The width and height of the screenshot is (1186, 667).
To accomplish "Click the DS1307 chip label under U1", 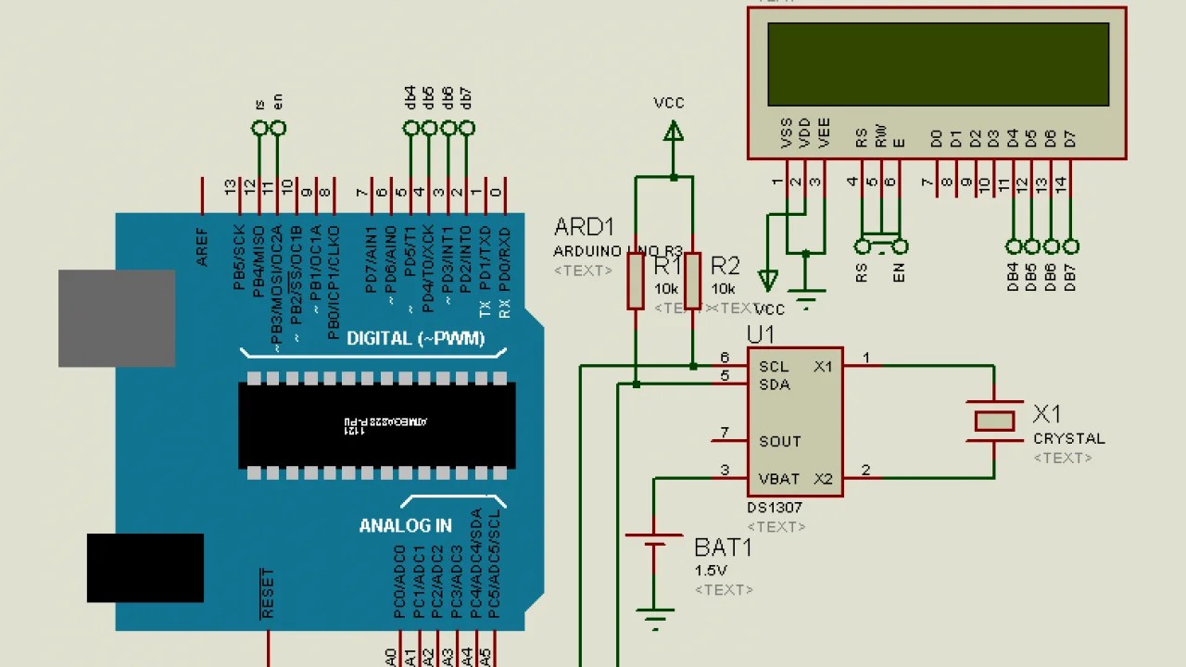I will [775, 508].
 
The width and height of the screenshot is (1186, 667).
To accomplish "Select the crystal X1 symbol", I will [994, 422].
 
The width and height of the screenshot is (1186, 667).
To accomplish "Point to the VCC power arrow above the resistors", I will [674, 132].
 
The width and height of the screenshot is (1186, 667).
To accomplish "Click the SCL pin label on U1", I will [774, 367].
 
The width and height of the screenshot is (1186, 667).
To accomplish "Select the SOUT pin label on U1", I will [779, 441].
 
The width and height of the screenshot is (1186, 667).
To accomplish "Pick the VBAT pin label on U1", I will [778, 479].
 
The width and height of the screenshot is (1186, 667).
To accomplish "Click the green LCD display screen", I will [938, 64].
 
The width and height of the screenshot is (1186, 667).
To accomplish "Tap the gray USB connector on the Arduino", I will [117, 318].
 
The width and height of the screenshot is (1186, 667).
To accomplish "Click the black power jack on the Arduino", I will [145, 567].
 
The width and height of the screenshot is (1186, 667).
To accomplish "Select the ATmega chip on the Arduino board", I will [377, 425].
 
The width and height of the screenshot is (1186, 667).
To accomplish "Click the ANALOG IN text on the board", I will [405, 525].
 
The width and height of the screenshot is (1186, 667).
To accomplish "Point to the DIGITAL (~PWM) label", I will [415, 338].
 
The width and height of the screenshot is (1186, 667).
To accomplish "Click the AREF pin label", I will [202, 247].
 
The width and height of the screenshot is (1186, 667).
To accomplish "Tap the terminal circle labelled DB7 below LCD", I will [1071, 246].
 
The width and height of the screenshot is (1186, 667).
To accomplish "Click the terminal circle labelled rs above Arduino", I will [259, 128].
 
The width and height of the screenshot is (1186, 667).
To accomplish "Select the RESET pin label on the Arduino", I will [268, 594].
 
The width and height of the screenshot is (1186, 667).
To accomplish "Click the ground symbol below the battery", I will [655, 619].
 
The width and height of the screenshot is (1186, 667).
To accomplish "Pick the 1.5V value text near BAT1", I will [710, 570].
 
